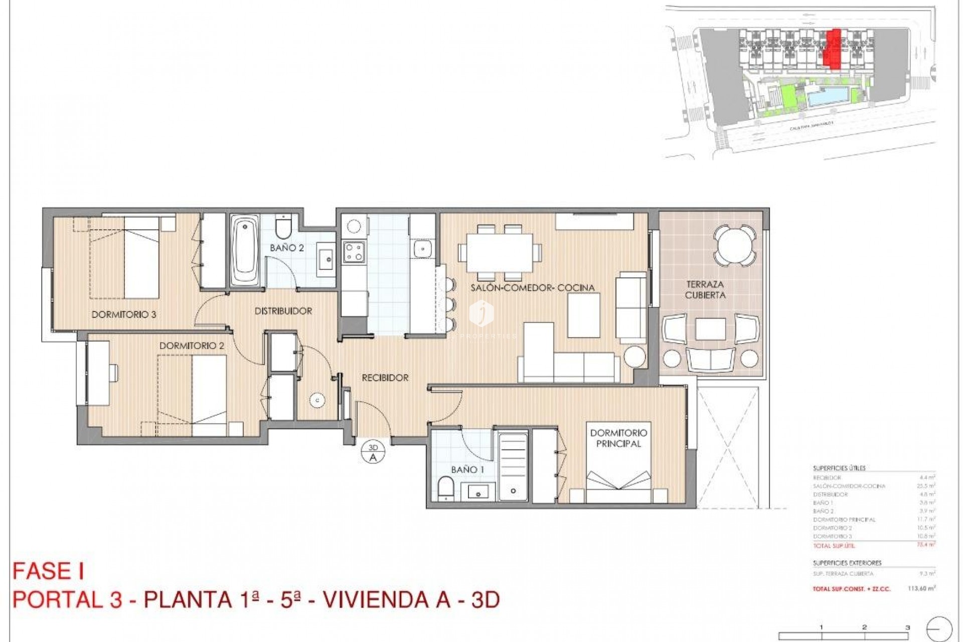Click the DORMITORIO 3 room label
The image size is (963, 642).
pos(124,314)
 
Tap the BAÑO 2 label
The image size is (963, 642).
pos(286,248)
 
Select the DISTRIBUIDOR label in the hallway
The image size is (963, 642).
pos(283,311)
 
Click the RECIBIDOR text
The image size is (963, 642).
pos(385,378)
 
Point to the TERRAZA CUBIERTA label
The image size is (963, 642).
pos(705,290)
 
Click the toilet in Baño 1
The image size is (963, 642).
pos(445,488)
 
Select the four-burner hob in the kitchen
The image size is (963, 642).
pos(353,251)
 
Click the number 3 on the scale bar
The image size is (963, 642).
pos(907,627)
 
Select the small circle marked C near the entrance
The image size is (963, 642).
pos(317,400)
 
